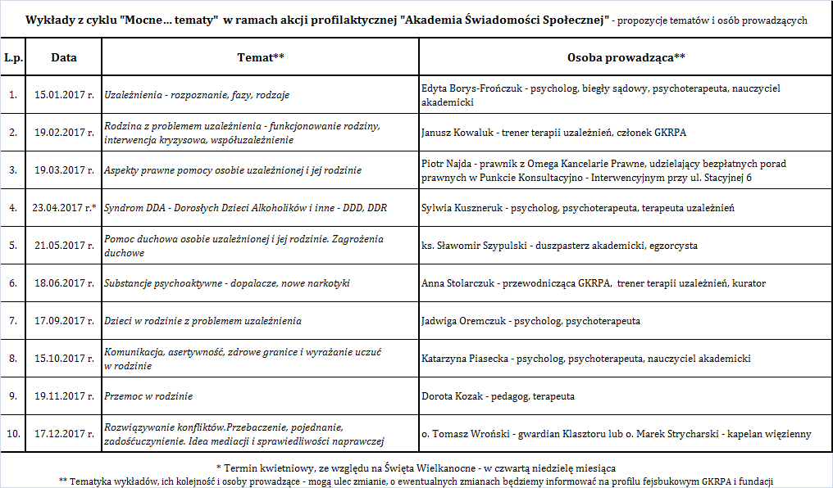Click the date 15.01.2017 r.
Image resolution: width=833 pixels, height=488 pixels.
(64, 95)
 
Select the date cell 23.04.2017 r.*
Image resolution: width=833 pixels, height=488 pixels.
(64, 208)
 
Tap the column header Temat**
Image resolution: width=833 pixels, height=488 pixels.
(261, 57)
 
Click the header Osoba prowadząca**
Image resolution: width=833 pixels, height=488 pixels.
(626, 57)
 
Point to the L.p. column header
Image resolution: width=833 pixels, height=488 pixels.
(12, 57)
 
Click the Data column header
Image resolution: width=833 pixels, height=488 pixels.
(64, 57)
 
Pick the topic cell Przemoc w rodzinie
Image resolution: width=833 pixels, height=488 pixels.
(148, 396)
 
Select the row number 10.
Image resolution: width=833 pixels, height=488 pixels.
(12, 434)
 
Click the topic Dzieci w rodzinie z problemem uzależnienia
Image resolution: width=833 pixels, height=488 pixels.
(203, 321)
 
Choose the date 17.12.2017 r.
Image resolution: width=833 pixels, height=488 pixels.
(64, 434)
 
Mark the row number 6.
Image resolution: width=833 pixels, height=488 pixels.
(12, 283)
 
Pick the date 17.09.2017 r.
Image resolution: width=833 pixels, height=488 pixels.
(64, 321)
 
